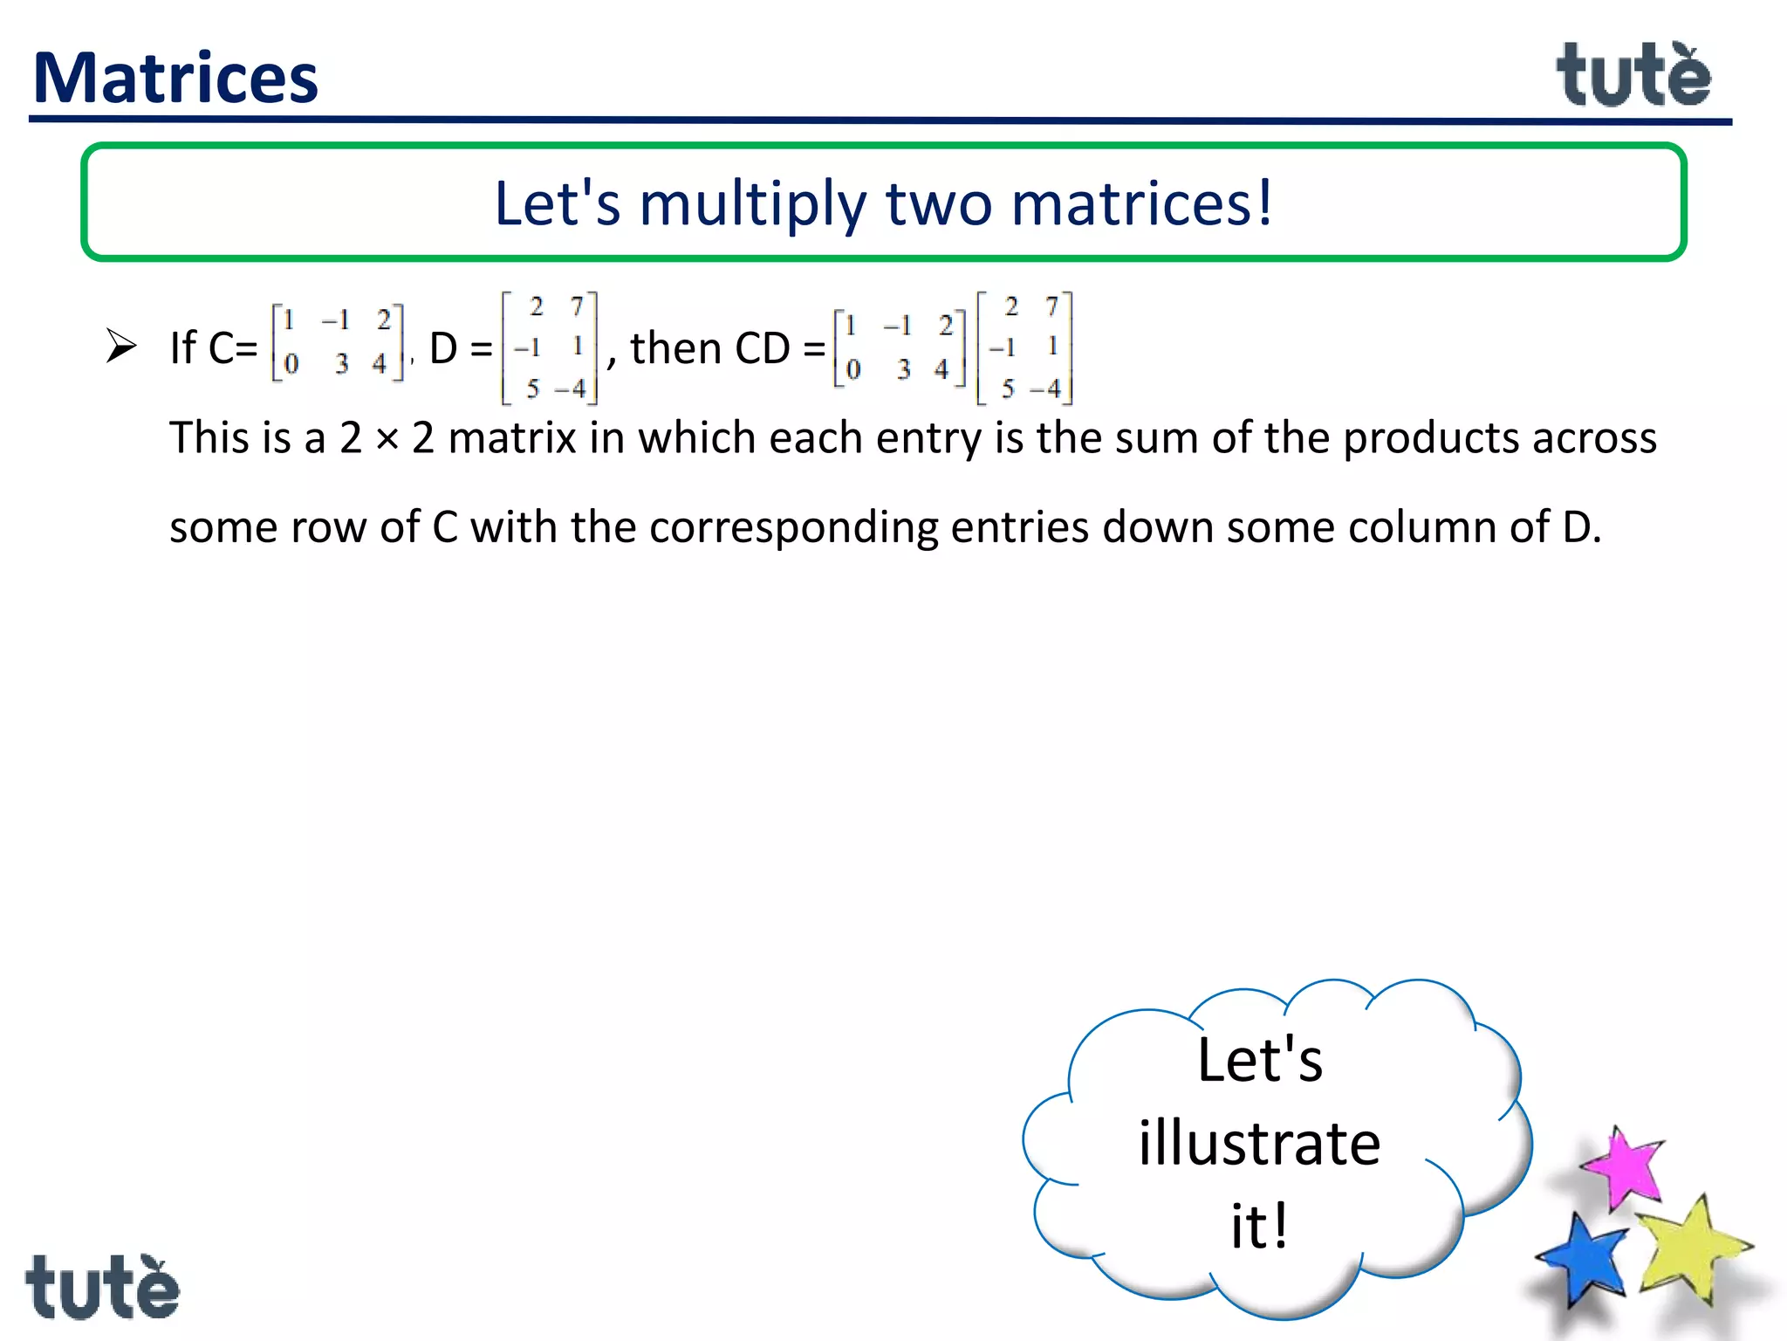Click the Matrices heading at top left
pos(175,79)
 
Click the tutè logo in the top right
pos(1633,77)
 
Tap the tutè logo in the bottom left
pos(102,1287)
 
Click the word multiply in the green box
pos(753,204)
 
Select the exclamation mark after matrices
pos(1263,203)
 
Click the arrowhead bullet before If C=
pos(121,346)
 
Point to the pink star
pos(1622,1167)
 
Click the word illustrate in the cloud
pos(1259,1144)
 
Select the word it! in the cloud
pos(1259,1226)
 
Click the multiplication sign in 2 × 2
pos(387,440)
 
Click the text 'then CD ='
pos(727,349)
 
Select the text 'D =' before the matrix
pos(460,349)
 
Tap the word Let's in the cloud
pos(1259,1061)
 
